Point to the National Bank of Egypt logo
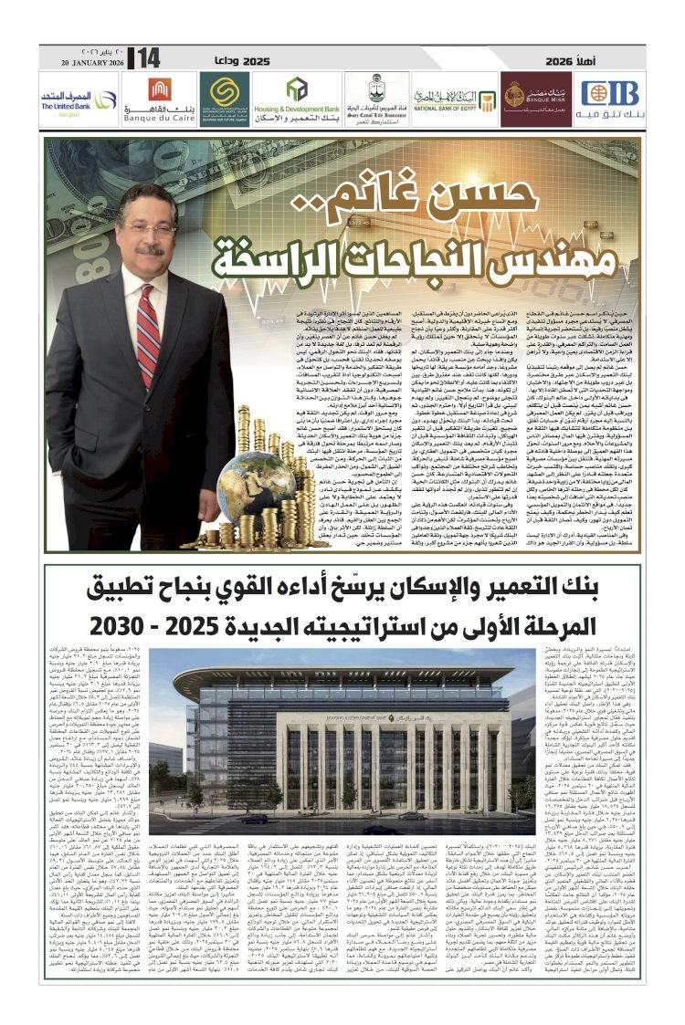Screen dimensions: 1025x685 pos(452,96)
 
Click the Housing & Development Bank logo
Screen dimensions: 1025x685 pos(299,96)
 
